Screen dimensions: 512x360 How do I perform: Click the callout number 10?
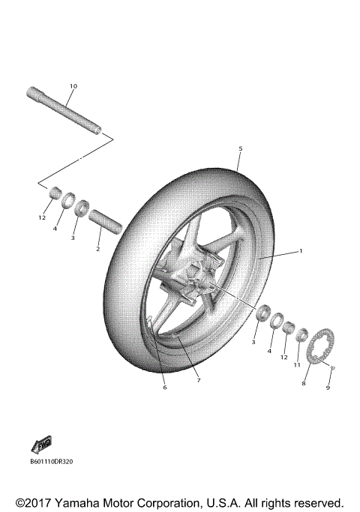pos(73,87)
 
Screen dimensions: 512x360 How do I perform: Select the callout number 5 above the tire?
pos(239,149)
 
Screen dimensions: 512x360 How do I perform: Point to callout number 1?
pos(300,250)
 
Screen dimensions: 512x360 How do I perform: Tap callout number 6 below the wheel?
pos(165,387)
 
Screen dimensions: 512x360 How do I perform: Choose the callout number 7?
pos(198,380)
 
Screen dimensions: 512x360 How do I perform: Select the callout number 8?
pos(304,382)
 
